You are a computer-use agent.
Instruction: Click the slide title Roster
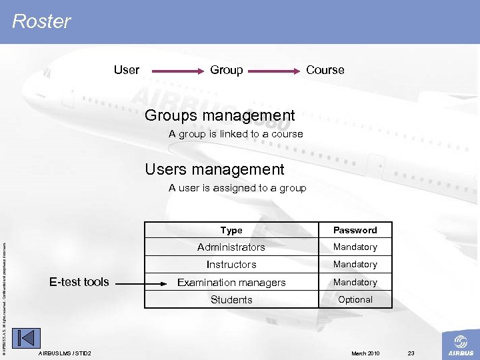(41, 21)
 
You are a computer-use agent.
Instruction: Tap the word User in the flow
(127, 70)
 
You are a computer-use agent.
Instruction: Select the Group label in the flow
(227, 70)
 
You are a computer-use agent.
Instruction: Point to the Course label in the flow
(325, 70)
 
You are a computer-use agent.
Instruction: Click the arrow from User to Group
(175, 70)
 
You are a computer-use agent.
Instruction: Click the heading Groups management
(220, 116)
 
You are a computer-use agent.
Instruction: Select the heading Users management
(215, 170)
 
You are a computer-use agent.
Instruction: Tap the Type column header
(231, 230)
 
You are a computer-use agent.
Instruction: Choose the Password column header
(355, 230)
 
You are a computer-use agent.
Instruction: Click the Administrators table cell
(231, 247)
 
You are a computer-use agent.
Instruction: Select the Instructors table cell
(231, 265)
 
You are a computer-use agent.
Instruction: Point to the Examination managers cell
(231, 283)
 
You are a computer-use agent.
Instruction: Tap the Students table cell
(231, 300)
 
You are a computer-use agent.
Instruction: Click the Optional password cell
(355, 300)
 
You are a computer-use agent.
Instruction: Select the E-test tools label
(79, 282)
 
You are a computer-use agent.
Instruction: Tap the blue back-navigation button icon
(27, 339)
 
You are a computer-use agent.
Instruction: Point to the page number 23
(411, 353)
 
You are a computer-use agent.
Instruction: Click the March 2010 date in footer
(365, 353)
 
